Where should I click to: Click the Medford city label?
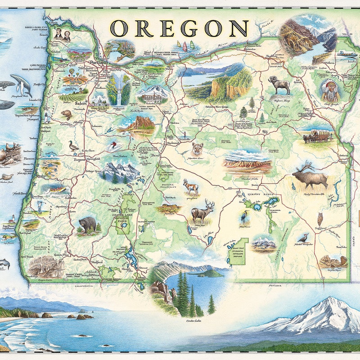(x=96, y=261)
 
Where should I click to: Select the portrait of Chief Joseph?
(x=330, y=90)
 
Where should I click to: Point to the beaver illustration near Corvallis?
(x=67, y=114)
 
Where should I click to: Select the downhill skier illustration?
(x=114, y=146)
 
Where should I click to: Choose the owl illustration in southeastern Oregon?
(x=320, y=219)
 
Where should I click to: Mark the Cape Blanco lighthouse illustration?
(x=13, y=220)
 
